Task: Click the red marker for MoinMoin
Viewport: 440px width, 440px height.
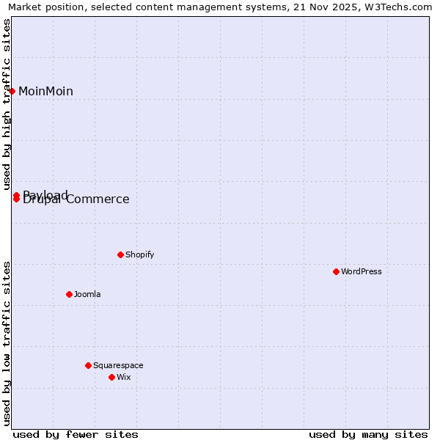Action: coord(12,91)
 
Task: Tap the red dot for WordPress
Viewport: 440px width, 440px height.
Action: coord(336,271)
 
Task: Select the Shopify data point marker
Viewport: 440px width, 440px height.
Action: coord(120,254)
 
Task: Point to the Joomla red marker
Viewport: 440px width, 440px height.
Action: coord(69,294)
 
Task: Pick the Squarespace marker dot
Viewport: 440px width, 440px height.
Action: coord(88,365)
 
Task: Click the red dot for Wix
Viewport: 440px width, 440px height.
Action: coord(111,377)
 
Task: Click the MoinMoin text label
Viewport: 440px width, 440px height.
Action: coord(45,92)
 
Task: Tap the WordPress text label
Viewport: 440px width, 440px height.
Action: coord(362,271)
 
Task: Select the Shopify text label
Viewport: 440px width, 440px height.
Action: coord(139,254)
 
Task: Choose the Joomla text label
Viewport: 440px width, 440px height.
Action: coord(87,294)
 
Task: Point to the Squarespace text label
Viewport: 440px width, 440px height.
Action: coord(118,365)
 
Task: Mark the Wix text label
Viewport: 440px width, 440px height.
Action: coord(123,377)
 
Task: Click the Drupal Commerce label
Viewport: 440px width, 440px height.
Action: coord(76,199)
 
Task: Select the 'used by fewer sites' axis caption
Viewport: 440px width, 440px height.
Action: coord(76,434)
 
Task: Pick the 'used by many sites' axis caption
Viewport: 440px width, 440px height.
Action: coord(368,434)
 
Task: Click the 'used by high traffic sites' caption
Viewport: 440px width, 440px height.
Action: coord(7,105)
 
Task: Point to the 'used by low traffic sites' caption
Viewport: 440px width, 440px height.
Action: coord(7,343)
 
